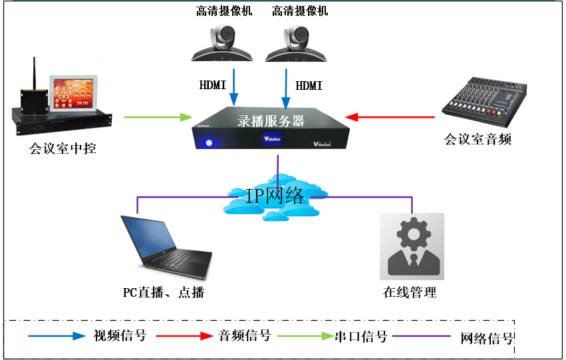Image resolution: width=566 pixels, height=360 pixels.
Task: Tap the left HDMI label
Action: (213, 86)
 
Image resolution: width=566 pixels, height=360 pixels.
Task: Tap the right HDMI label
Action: (309, 86)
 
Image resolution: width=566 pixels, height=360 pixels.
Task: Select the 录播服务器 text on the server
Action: (271, 121)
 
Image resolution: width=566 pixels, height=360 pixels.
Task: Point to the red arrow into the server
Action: (392, 117)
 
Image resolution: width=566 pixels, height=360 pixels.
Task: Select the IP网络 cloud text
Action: (275, 196)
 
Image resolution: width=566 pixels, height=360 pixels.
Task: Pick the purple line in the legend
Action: (422, 336)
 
